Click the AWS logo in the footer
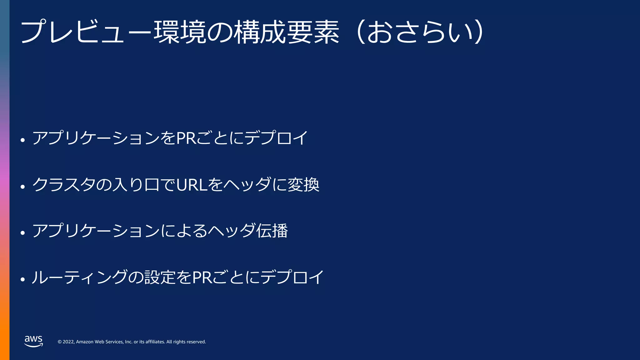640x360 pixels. (33, 341)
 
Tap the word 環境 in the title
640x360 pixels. (180, 32)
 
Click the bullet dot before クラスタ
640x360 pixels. (22, 187)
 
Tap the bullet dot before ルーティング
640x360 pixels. (22, 279)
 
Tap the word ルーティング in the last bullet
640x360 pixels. (80, 277)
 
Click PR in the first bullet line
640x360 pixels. (186, 138)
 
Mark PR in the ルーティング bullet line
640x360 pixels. (202, 277)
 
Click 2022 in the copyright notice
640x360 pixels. (68, 342)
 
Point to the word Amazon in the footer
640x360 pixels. (85, 342)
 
